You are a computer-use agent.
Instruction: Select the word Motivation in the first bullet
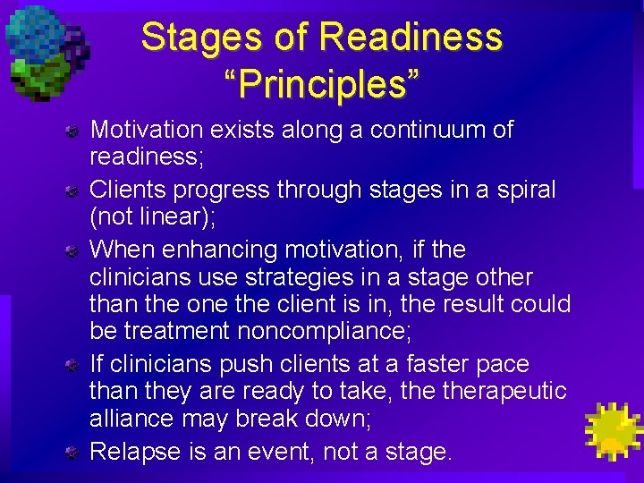click(x=148, y=130)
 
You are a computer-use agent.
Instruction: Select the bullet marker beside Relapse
click(x=79, y=453)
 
